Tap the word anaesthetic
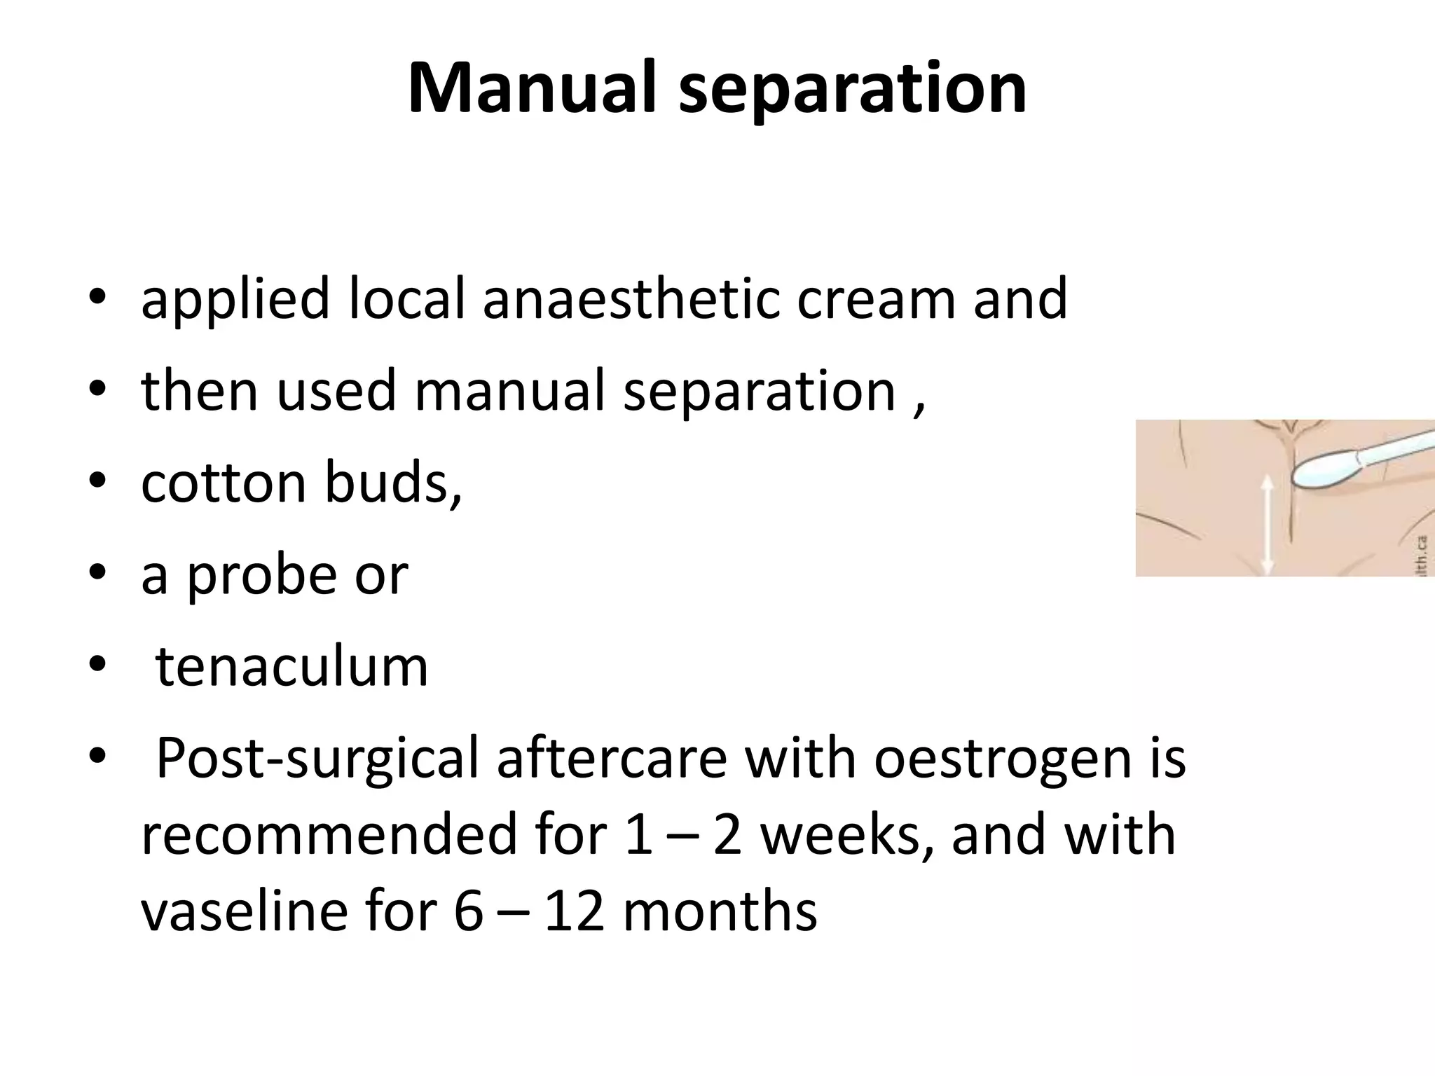(631, 298)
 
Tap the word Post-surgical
(317, 759)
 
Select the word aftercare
(612, 759)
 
